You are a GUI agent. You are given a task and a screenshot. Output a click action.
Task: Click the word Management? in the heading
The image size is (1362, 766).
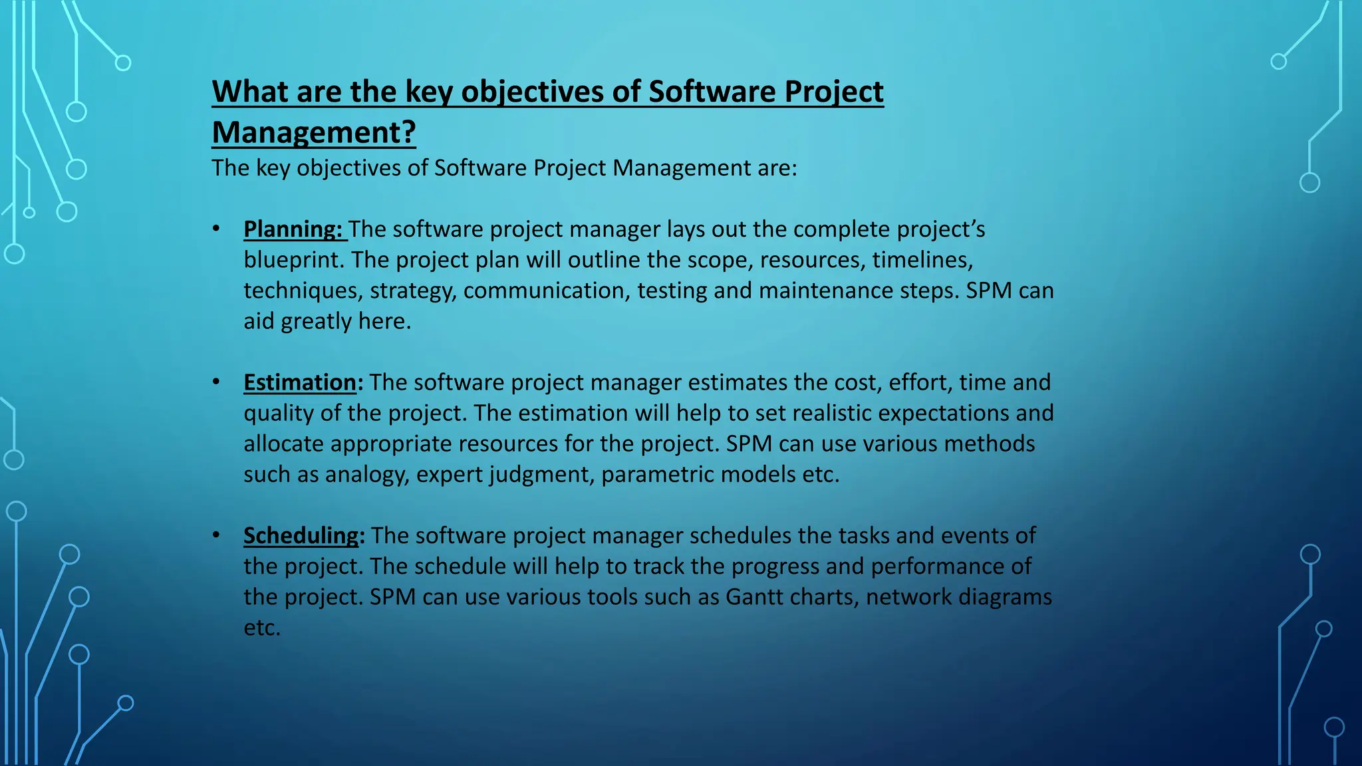tap(313, 132)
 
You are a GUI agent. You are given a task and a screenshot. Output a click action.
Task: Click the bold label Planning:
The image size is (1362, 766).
tap(293, 229)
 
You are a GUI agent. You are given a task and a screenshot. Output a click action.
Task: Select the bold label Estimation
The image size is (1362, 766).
tap(300, 382)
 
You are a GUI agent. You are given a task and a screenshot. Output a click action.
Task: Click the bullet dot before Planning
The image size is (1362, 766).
tap(216, 229)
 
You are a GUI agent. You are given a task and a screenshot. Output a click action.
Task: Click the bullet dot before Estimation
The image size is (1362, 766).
tap(216, 382)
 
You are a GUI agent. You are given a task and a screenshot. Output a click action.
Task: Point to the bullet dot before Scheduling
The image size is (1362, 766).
tap(216, 535)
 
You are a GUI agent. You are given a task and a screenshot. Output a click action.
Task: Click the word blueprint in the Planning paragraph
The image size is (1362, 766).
tap(293, 259)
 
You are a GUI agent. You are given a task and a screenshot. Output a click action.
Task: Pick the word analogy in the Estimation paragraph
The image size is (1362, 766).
tap(366, 475)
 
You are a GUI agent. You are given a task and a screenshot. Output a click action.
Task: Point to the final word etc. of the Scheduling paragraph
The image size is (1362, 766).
tap(262, 628)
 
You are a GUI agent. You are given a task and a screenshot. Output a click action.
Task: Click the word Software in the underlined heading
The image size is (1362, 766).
tap(712, 92)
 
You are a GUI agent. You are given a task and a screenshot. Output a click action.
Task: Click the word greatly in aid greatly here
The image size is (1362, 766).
tap(316, 322)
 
